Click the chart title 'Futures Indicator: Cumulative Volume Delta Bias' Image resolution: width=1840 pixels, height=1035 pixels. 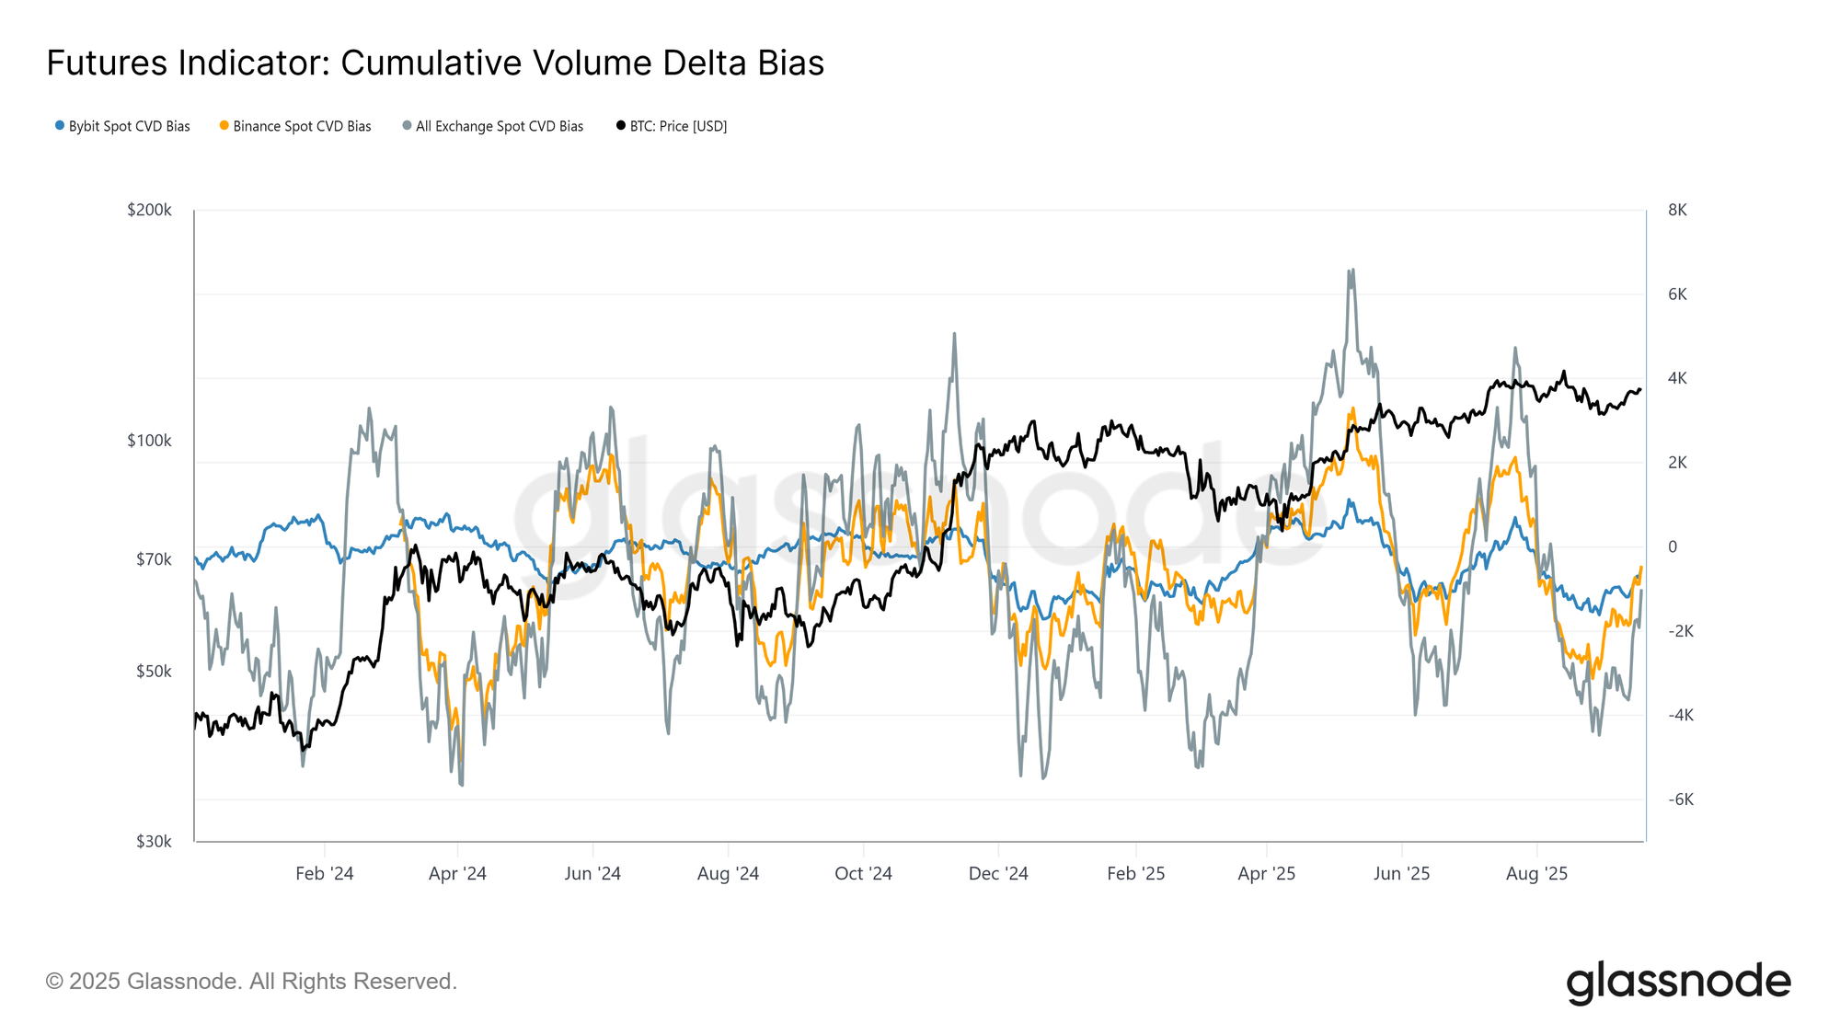coord(435,63)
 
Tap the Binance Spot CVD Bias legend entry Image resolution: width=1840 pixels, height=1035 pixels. coord(295,126)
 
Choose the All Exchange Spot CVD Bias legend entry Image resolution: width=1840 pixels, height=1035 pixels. coord(493,126)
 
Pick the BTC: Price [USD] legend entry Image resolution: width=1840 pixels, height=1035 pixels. coord(672,126)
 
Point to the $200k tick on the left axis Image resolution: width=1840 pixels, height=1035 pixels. coord(149,210)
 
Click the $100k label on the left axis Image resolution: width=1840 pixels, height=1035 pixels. coord(149,441)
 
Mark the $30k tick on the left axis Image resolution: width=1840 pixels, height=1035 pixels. coord(154,841)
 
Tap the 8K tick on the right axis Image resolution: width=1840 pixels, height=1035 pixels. coord(1677,210)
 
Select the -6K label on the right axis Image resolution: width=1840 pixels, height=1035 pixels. coord(1680,799)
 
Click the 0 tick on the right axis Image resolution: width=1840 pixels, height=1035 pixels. coord(1673,546)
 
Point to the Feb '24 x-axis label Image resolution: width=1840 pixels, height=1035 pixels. coord(324,874)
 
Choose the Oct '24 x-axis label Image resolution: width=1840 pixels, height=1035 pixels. coord(863,874)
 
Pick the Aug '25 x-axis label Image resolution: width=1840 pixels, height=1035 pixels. coord(1536,874)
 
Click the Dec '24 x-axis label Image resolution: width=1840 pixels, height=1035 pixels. coord(998,874)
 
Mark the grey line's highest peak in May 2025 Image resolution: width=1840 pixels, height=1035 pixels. coord(1350,270)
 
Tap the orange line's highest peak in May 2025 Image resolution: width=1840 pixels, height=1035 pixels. coord(1351,408)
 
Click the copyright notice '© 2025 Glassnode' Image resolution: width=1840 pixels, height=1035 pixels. coord(251,982)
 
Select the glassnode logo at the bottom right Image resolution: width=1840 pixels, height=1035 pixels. coord(1678,982)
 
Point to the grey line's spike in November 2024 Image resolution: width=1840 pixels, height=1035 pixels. coord(954,334)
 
